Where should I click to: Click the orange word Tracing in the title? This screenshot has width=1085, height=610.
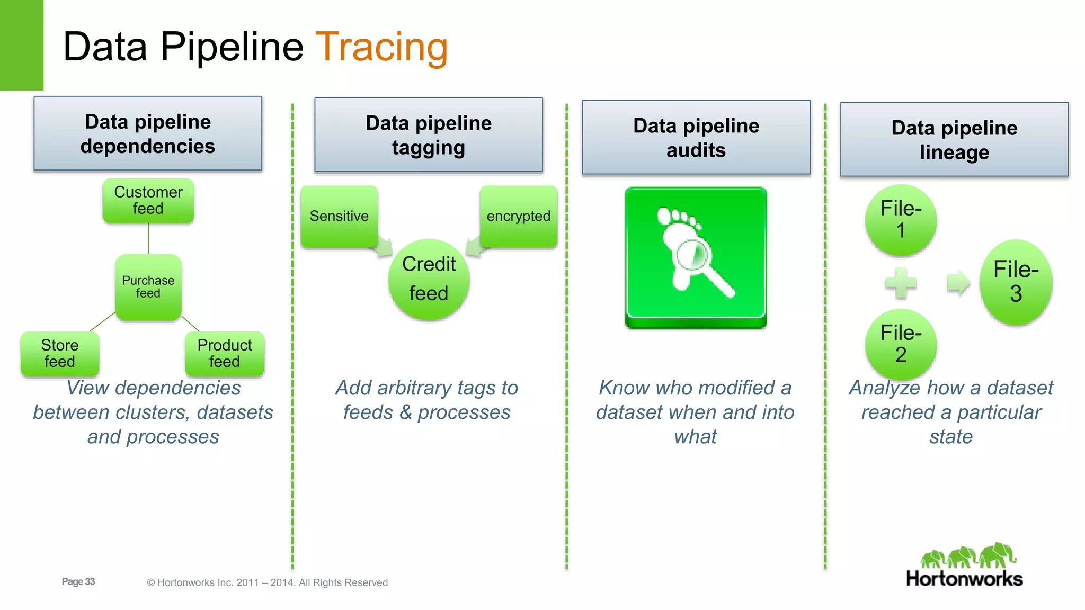coord(381,48)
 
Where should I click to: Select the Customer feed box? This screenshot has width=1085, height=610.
coord(148,201)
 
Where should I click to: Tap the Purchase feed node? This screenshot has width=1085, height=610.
coord(148,287)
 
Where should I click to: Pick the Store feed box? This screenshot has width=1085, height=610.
coord(60,354)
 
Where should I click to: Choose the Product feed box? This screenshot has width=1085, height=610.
coord(225,354)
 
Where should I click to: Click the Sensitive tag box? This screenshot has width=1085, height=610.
coord(339,216)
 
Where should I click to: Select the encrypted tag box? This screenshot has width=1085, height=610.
coord(518,216)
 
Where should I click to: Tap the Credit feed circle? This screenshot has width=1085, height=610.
coord(429,279)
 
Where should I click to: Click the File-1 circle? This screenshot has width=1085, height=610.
coord(901,220)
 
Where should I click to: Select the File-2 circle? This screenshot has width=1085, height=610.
coord(901,344)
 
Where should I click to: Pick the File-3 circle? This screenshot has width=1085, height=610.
coord(1016,282)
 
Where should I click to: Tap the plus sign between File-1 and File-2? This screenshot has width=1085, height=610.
coord(901,283)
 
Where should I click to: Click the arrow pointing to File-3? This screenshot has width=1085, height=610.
coord(958,283)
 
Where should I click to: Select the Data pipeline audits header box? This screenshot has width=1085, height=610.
coord(696,138)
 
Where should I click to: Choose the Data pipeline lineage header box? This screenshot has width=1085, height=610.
coord(954,140)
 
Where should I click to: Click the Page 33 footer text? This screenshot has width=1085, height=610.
coord(78,581)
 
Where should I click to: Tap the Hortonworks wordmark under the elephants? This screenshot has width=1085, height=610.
coord(964,579)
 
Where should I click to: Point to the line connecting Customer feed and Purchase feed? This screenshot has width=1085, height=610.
coord(148,238)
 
